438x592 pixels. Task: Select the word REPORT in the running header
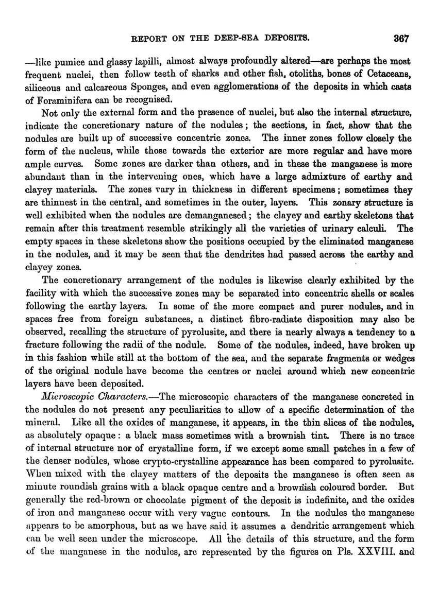click(149, 38)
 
